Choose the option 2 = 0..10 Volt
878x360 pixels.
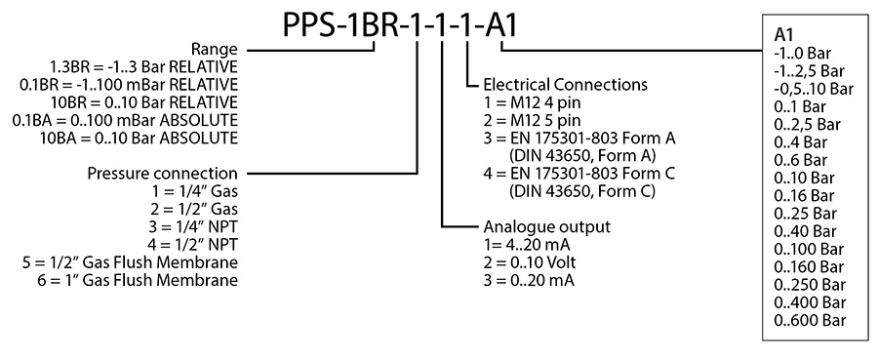coord(524,263)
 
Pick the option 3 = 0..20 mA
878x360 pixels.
coord(522,281)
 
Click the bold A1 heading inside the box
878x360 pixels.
coord(782,35)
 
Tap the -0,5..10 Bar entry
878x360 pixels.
coord(813,89)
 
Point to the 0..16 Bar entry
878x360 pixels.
coord(804,195)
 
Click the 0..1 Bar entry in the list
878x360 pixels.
coord(800,106)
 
